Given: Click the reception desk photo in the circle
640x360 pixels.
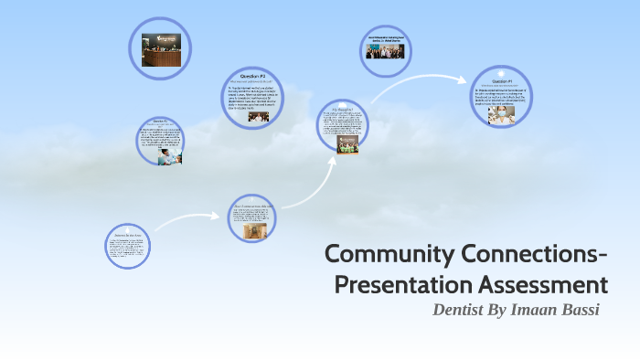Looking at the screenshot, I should (x=161, y=49).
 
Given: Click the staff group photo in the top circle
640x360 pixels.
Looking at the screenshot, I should (x=385, y=51).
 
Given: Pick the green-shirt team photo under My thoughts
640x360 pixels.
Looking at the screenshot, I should (x=347, y=143).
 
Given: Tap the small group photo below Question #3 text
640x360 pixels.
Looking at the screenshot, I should (x=258, y=117).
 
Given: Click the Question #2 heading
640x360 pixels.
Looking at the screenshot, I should (x=160, y=121).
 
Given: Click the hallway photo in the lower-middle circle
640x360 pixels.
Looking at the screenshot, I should (x=251, y=232).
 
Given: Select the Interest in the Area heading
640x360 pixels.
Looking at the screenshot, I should (x=127, y=235).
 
